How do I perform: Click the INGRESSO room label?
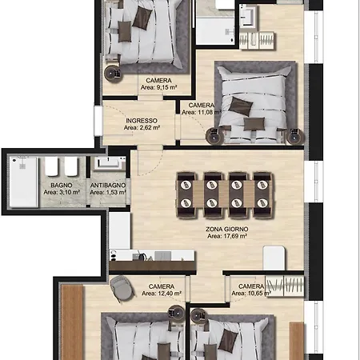[142, 121]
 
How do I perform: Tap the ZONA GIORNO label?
[227, 229]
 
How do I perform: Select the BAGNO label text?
[62, 185]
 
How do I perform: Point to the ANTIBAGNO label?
[108, 185]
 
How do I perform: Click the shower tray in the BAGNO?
[23, 182]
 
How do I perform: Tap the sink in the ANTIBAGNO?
[108, 162]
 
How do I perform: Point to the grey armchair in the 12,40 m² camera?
[122, 288]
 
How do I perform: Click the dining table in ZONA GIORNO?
[224, 194]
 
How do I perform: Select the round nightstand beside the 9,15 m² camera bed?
[114, 73]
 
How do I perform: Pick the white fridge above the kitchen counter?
[119, 230]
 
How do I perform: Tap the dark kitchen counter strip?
[152, 266]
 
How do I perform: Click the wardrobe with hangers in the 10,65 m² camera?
[285, 286]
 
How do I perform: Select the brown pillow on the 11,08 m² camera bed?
[241, 106]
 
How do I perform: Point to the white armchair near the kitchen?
[274, 258]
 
